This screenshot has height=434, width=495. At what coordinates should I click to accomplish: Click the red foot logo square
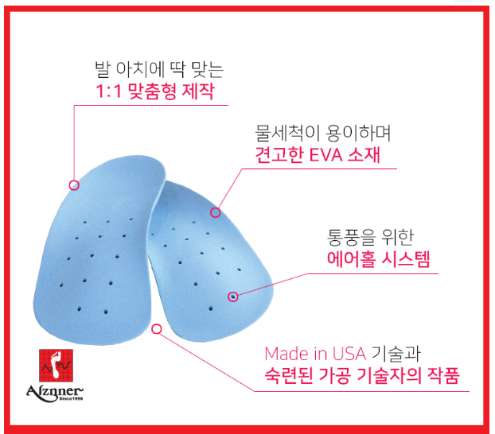pyautogui.click(x=56, y=365)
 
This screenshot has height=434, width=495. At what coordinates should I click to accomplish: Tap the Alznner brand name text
pyautogui.click(x=55, y=392)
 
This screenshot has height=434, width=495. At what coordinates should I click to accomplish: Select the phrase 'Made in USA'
pyautogui.click(x=315, y=354)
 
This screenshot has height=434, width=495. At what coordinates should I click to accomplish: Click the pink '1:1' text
pyautogui.click(x=108, y=91)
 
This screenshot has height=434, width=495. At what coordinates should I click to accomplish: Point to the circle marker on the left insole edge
pyautogui.click(x=74, y=185)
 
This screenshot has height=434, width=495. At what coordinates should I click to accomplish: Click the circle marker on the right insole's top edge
pyautogui.click(x=216, y=212)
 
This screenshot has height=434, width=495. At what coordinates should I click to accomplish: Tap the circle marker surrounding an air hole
pyautogui.click(x=233, y=296)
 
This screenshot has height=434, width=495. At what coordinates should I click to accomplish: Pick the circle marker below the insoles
pyautogui.click(x=157, y=329)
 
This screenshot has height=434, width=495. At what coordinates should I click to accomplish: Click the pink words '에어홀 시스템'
pyautogui.click(x=378, y=259)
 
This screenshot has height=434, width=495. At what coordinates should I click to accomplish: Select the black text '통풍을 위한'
pyautogui.click(x=370, y=237)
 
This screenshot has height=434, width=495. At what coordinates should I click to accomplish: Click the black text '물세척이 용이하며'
pyautogui.click(x=322, y=133)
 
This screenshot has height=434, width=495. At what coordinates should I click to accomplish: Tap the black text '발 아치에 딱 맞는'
pyautogui.click(x=159, y=69)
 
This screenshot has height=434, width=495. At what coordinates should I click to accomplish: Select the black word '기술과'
pyautogui.click(x=396, y=354)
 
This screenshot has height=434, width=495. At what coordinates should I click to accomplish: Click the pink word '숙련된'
pyautogui.click(x=289, y=375)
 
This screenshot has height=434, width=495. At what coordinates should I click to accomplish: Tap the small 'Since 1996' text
pyautogui.click(x=71, y=399)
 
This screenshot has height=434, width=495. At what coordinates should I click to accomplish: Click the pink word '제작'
pyautogui.click(x=199, y=91)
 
